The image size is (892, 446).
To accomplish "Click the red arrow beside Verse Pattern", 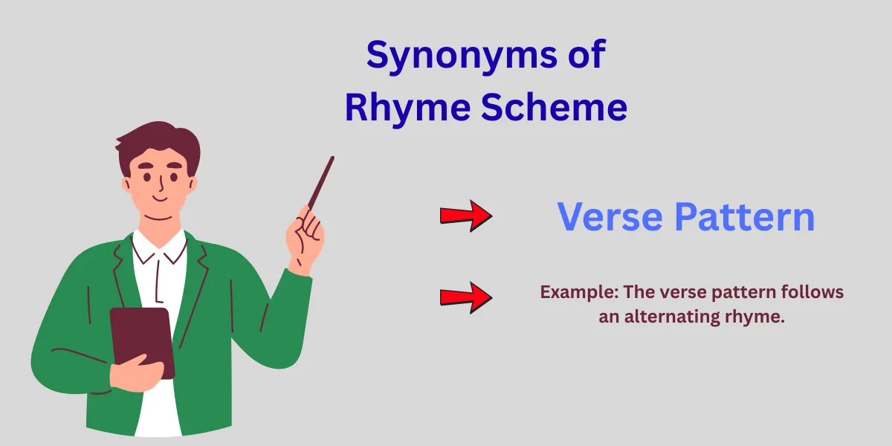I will pos(466,216).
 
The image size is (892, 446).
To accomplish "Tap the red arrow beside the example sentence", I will pos(466,297).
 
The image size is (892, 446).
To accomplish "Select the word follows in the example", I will pos(815,292).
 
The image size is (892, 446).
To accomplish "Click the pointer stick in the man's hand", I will pos(321,182).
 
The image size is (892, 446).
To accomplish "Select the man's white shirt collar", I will pos(160,249).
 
